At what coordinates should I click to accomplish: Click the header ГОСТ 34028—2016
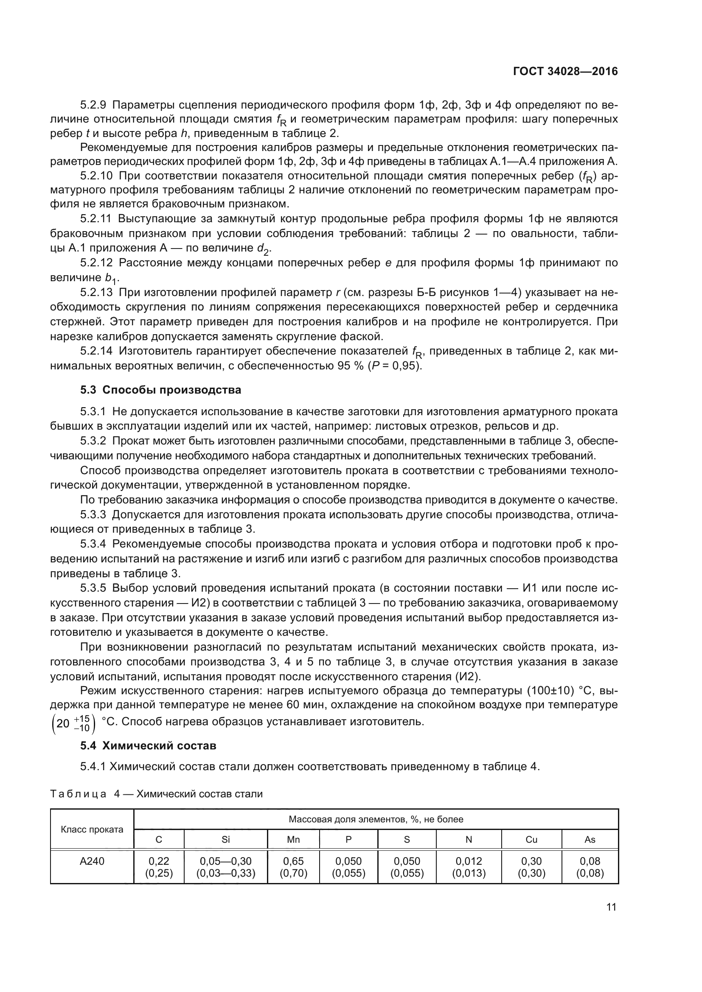point(565,72)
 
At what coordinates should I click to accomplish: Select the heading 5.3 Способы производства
point(160,390)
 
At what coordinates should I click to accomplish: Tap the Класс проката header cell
point(92,829)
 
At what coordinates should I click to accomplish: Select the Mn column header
point(294,839)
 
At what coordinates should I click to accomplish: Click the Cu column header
point(531,839)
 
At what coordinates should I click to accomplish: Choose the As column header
point(590,839)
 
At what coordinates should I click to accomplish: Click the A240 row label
point(92,861)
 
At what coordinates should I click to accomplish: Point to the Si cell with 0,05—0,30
point(226,861)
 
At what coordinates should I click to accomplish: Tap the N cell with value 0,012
point(469,861)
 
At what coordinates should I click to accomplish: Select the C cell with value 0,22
point(159,861)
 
